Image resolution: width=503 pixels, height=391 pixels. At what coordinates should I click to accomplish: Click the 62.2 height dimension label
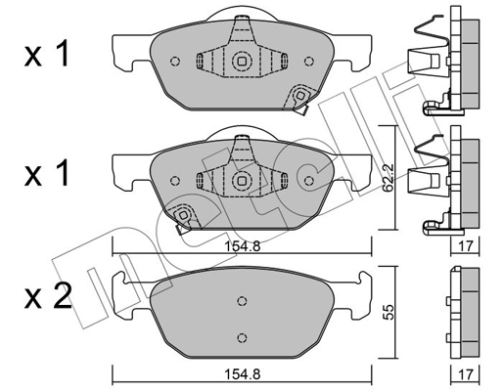389,179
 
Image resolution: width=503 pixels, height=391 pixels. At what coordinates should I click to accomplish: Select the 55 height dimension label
389,312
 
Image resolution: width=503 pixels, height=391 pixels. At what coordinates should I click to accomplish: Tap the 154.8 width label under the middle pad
242,246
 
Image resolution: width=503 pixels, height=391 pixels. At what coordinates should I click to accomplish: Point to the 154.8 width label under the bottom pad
242,374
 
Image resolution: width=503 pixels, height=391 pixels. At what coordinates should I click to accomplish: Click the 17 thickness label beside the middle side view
465,246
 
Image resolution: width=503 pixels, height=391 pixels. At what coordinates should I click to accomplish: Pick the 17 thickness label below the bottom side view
465,374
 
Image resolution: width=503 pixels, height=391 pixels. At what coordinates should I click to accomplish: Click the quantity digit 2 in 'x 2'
62,295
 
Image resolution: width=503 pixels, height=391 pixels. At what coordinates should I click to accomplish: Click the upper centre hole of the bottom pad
242,301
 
